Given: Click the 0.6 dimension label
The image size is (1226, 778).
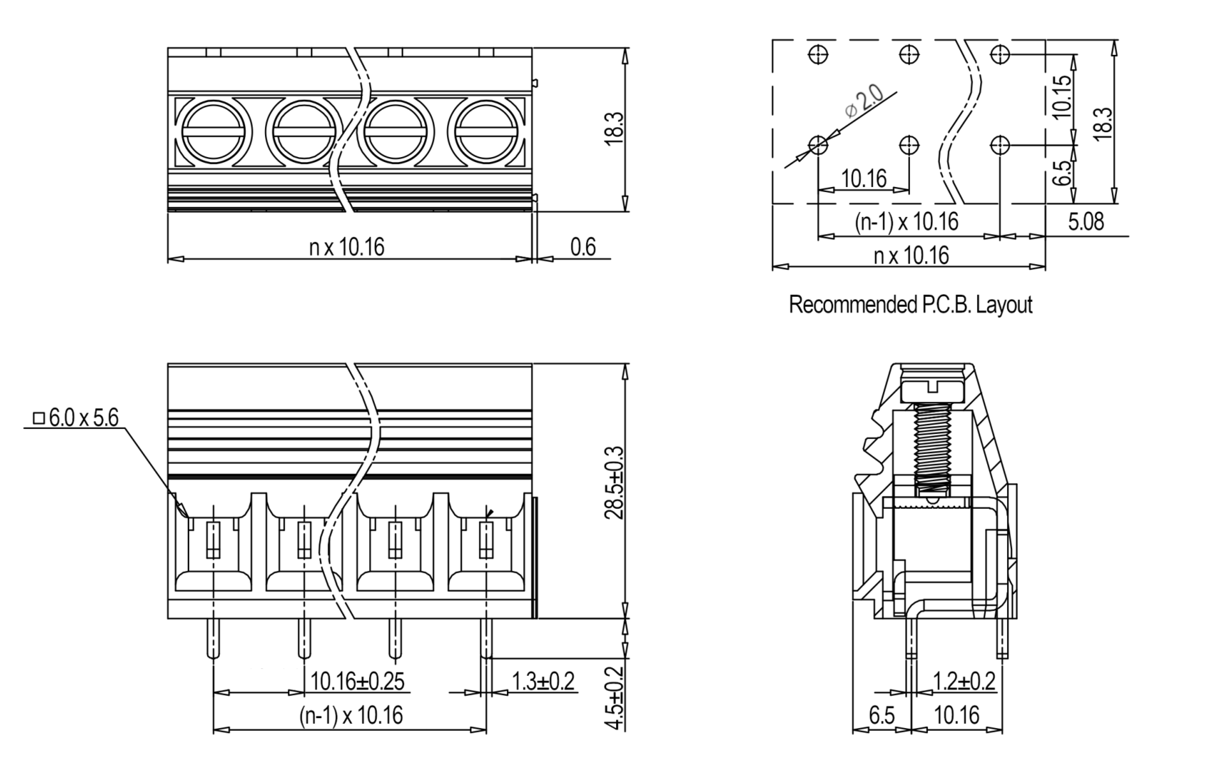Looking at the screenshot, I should point(582,246).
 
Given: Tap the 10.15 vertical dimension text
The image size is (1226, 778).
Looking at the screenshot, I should point(1061,96).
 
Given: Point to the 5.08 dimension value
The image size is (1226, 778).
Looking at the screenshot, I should point(1086,221).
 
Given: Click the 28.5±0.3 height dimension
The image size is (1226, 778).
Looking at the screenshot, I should point(614,483).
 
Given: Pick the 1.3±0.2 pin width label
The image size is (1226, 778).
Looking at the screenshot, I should point(543,681).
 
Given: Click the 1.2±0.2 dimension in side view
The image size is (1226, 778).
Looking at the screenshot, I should point(964,681).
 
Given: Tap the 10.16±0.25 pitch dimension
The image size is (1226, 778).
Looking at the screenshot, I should point(357,681).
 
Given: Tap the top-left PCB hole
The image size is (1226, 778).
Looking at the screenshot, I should point(818,55).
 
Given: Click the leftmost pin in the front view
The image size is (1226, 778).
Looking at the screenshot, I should point(213,638).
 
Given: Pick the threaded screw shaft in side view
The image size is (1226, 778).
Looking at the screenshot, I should point(933,450).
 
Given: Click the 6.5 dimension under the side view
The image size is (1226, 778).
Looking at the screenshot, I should point(881,715).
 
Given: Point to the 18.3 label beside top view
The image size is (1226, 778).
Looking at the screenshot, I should point(614,128).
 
